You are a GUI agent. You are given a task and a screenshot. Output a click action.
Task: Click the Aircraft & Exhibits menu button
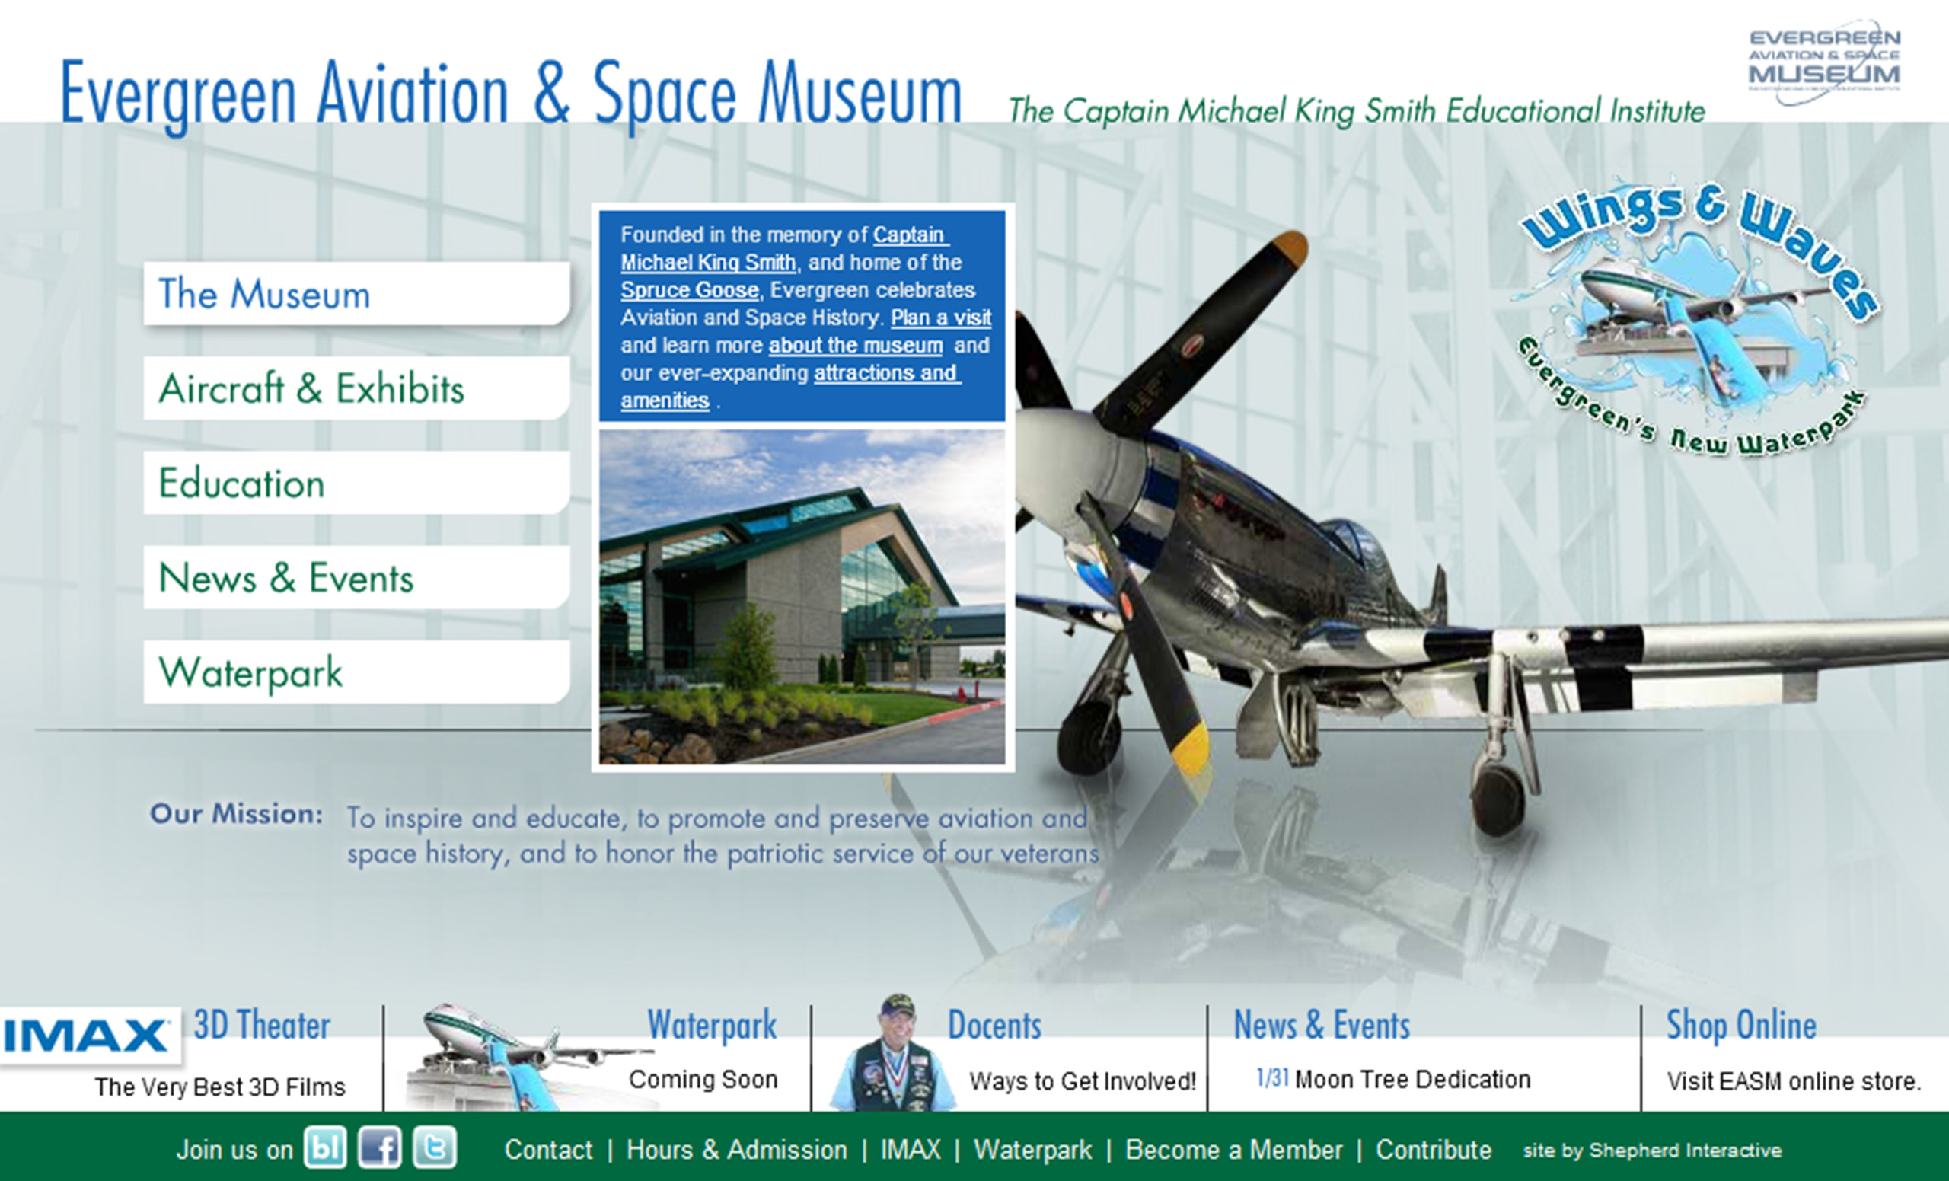356,388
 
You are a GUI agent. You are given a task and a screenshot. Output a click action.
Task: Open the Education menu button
356,483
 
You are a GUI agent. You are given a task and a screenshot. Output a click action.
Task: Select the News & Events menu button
356,577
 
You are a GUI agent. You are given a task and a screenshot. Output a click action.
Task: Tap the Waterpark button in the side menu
356,672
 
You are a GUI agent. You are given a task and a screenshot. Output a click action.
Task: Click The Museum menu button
356,293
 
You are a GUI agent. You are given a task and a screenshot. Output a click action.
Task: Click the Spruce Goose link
689,290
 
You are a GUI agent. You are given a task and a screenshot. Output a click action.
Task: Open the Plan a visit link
940,318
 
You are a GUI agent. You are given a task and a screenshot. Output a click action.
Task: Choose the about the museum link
855,346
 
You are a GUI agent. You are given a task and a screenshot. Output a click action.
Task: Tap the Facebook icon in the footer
380,1147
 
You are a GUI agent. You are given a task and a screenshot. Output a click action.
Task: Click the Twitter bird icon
434,1147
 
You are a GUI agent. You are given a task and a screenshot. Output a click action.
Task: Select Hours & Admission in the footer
736,1149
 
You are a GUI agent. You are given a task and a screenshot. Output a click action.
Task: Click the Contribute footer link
1434,1149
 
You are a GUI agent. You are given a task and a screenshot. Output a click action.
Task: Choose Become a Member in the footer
1233,1149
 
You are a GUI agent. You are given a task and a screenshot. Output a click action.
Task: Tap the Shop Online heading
1741,1025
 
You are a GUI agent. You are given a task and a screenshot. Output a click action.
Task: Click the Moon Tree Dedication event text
1412,1080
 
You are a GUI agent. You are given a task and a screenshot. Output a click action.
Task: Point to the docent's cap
898,1006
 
